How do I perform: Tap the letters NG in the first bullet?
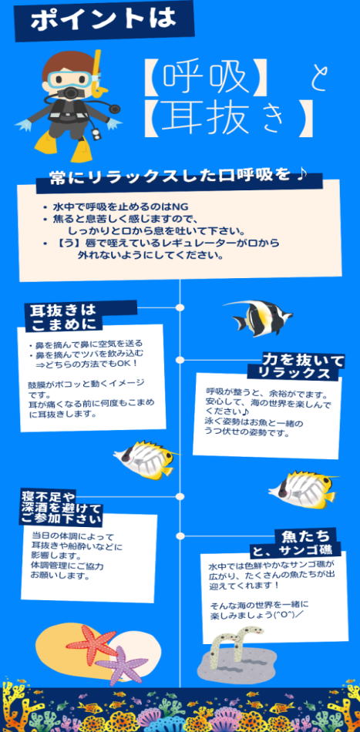180,207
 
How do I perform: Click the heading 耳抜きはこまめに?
62,317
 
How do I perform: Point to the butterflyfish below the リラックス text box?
302,489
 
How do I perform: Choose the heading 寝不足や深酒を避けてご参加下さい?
61,506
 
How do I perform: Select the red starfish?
92,645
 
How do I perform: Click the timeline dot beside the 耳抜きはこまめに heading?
180,307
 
